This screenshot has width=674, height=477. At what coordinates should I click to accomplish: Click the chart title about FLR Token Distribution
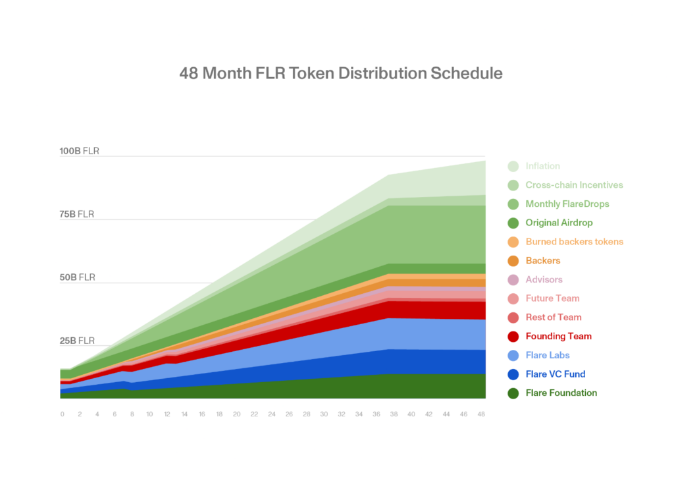click(341, 73)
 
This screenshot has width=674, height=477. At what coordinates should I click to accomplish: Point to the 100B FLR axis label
click(79, 151)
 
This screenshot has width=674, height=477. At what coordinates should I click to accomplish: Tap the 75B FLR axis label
click(76, 214)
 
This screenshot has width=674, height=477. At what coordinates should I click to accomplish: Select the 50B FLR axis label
click(77, 277)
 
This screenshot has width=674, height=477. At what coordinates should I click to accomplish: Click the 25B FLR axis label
click(77, 341)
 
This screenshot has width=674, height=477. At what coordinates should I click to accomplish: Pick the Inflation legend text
click(542, 166)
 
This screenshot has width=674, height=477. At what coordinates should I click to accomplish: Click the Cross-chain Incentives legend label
click(574, 185)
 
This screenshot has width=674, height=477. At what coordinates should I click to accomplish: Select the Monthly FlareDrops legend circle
click(513, 204)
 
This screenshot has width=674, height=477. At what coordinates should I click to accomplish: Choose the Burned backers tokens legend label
click(574, 242)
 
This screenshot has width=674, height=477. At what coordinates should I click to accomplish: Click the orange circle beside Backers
click(513, 261)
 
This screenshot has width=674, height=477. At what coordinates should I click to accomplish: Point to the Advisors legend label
click(544, 279)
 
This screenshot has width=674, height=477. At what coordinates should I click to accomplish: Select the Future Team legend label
click(552, 298)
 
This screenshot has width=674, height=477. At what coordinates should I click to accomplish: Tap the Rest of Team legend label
click(554, 317)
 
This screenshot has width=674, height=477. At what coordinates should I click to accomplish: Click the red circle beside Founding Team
click(513, 337)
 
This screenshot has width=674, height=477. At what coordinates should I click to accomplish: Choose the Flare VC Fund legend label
click(555, 374)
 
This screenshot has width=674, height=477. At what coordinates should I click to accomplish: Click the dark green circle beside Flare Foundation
click(513, 393)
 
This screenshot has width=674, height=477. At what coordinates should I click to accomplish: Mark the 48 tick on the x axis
click(480, 414)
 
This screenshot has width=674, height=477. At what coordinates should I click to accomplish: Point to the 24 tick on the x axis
click(271, 414)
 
